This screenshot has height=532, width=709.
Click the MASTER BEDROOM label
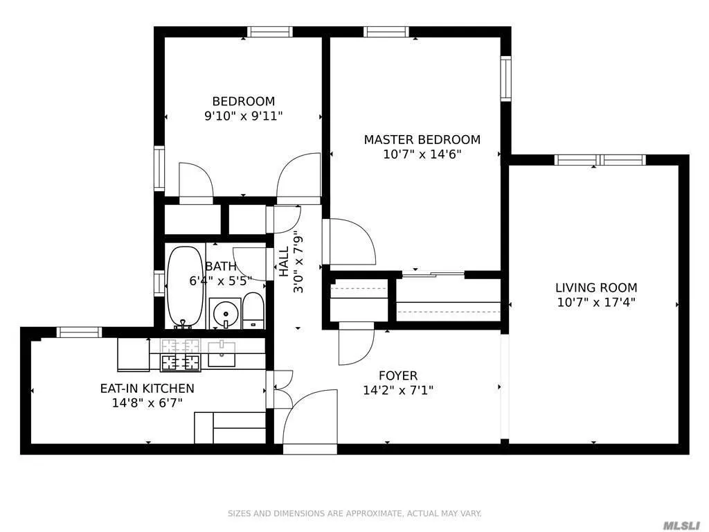click(x=422, y=139)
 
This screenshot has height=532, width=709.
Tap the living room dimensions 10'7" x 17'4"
click(x=596, y=302)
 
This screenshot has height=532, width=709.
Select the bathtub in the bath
click(x=185, y=287)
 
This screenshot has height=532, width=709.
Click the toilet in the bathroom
click(x=253, y=310)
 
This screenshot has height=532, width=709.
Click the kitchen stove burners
click(x=180, y=354)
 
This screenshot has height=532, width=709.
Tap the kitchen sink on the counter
click(x=222, y=354)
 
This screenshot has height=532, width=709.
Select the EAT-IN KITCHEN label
click(x=147, y=389)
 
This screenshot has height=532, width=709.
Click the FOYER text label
click(x=398, y=376)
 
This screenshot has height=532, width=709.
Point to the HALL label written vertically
click(x=284, y=262)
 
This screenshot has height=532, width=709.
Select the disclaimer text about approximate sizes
click(x=354, y=513)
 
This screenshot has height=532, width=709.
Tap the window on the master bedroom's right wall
click(x=505, y=79)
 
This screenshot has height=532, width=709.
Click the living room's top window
click(x=600, y=160)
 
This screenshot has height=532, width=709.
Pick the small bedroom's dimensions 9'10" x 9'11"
click(x=243, y=116)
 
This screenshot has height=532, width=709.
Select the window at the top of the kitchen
click(x=79, y=332)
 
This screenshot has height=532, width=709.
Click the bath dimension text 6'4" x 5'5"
click(x=220, y=281)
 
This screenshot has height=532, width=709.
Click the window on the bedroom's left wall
click(x=159, y=168)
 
